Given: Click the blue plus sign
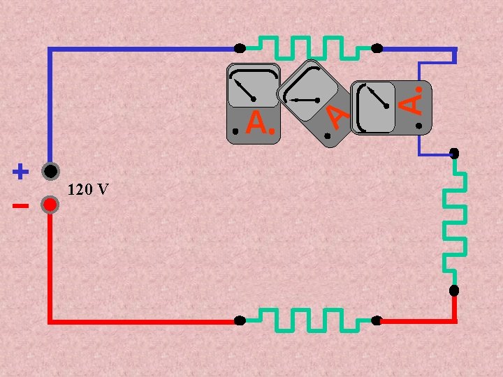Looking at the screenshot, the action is tap(20, 171).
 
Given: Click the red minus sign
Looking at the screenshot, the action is tap(20, 206).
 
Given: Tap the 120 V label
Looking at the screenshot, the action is tap(87, 189).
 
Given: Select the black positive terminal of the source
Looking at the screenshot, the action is tap(50, 171).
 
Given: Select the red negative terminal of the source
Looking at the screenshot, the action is tap(50, 205).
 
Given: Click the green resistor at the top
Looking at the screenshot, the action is tap(308, 48).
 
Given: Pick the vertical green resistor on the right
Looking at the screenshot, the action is tap(455, 221).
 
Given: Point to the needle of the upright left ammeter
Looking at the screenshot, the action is tap(244, 89).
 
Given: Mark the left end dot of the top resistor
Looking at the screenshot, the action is tap(240, 48).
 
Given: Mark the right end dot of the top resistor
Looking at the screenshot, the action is tap(377, 48).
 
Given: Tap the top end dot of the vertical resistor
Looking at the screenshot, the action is tap(454, 153).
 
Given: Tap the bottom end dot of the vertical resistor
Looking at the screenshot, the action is tap(454, 290).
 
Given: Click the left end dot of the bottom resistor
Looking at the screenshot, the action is tap(240, 320).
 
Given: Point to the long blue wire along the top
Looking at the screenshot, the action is tap(140, 49).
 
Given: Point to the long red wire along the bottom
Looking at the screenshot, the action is tap(140, 321).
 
